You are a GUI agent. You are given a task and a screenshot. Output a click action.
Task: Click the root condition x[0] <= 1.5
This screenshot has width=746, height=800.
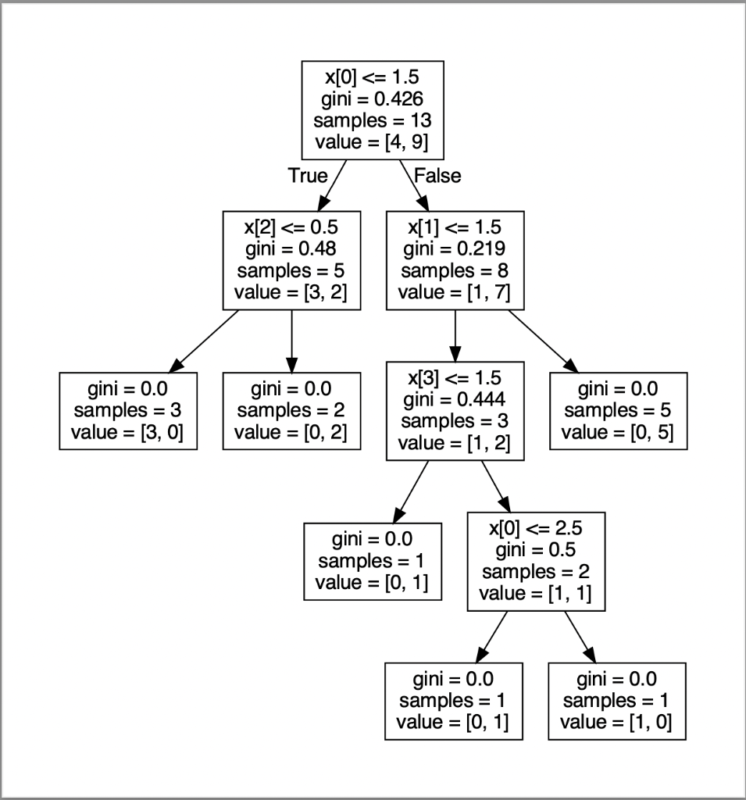pos(373,77)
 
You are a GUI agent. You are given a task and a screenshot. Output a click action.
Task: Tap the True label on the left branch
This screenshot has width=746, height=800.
pos(308,176)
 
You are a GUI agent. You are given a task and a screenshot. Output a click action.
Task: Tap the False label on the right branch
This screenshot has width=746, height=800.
pos(437,176)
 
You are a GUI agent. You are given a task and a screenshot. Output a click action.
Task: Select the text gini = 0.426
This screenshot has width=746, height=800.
pos(373,98)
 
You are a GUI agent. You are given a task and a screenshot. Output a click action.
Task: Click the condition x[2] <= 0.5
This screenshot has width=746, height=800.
pos(291,227)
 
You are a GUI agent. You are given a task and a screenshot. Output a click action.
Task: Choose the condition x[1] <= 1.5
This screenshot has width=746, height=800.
pos(455,227)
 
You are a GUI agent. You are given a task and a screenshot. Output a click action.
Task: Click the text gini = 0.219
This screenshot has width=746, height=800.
pos(455,249)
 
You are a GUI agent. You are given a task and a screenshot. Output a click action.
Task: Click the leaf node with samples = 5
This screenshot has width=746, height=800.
pos(618,411)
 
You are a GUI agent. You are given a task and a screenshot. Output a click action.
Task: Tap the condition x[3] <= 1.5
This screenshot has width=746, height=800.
pos(455,378)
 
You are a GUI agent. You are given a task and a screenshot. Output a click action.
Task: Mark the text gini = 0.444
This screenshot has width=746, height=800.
pos(455,400)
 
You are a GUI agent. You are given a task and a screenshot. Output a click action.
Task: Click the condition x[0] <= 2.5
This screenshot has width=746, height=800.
pos(536,528)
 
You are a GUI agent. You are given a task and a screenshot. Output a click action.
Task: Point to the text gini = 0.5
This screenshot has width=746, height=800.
pos(536,550)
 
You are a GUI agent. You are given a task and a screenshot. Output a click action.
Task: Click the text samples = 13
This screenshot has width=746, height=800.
pos(373,120)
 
